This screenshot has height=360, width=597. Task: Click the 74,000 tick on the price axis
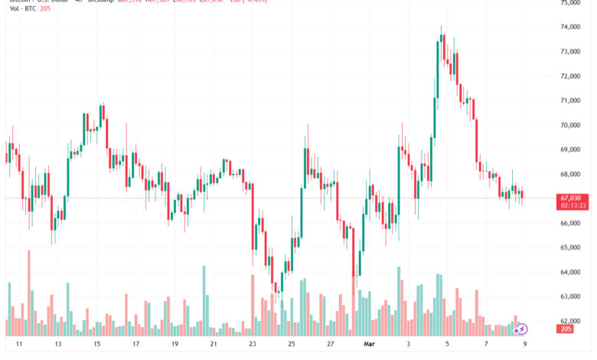point(571,27)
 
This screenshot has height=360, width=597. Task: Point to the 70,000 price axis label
point(571,125)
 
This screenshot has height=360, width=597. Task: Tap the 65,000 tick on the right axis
point(571,247)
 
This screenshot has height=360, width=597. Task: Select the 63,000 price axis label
point(571,296)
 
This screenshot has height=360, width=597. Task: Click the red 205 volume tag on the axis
point(566,329)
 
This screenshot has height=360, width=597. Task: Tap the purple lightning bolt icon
point(522,329)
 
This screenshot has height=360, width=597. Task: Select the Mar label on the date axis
point(370,345)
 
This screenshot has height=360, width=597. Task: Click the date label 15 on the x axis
point(98,345)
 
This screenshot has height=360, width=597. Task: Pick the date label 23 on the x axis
point(253,345)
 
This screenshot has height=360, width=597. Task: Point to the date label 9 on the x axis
point(524,345)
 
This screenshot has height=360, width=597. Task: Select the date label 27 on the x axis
point(331,345)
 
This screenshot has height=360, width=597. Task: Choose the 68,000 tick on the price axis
point(571,174)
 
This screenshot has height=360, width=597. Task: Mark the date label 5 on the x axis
point(447,345)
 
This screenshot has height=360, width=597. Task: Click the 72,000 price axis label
point(571,76)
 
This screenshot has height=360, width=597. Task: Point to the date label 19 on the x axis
point(175,345)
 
